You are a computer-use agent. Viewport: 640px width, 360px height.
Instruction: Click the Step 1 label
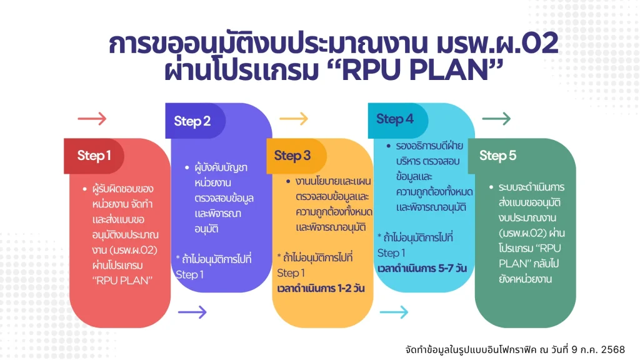(94, 156)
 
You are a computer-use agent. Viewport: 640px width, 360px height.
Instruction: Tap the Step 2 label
(192, 121)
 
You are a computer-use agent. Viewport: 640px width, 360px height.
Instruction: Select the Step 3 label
(292, 156)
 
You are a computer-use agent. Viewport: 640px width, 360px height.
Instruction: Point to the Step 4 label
(395, 119)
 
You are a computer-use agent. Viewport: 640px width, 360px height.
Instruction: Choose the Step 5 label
(497, 156)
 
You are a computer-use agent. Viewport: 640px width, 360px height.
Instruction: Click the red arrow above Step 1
(92, 119)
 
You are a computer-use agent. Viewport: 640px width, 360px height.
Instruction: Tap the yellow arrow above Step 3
(294, 119)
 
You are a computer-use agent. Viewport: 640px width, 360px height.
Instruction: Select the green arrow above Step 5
(496, 119)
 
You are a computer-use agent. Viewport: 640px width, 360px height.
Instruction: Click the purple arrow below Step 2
(192, 312)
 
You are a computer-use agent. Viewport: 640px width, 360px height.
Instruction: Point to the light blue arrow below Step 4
(394, 312)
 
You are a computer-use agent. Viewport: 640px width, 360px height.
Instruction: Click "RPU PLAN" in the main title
(415, 70)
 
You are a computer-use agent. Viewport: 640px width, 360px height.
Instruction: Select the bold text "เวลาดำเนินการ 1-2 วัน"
(321, 289)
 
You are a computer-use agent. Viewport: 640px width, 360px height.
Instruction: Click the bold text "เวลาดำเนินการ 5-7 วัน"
(422, 268)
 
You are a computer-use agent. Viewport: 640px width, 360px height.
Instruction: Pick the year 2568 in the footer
(612, 350)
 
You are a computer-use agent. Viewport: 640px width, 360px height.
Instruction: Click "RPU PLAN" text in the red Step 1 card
(122, 281)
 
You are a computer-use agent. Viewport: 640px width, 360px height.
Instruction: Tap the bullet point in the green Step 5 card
(491, 187)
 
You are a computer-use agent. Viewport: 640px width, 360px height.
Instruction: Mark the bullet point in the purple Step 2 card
(187, 167)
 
